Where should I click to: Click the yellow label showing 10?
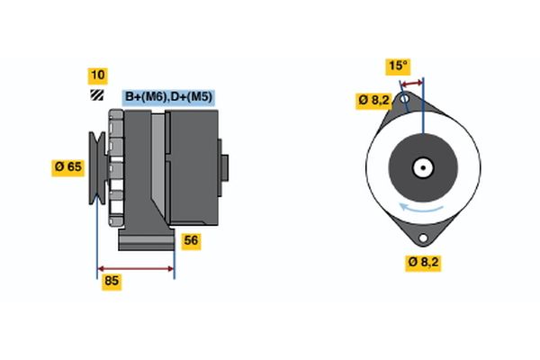[97, 75]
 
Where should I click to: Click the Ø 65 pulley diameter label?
[69, 166]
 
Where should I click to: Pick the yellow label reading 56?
[191, 240]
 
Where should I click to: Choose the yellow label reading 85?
[112, 282]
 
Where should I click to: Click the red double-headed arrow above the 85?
[136, 268]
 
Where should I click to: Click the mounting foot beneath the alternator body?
[146, 241]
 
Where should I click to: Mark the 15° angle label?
[398, 66]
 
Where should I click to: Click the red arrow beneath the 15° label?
[412, 83]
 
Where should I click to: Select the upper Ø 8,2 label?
[373, 100]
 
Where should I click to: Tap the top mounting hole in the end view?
[406, 97]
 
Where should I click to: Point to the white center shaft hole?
[421, 166]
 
